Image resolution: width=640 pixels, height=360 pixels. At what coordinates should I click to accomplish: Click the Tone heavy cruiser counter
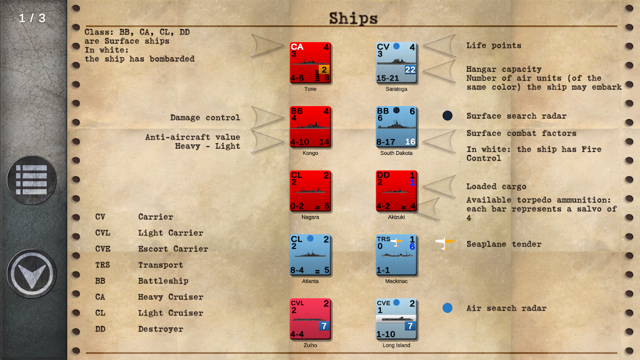tap(311, 63)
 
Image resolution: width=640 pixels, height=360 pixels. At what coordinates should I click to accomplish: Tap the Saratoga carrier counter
tap(397, 63)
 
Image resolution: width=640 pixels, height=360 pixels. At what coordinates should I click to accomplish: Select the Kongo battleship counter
tap(311, 127)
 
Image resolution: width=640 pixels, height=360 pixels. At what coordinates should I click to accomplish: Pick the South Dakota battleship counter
tap(397, 127)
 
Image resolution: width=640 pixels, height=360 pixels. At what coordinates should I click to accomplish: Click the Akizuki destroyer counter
tap(397, 191)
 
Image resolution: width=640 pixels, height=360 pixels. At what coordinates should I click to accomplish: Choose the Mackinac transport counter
tap(397, 255)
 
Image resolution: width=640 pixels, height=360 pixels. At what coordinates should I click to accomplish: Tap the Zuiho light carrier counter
tap(311, 319)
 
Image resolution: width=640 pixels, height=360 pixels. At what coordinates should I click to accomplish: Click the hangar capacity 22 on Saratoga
tap(410, 70)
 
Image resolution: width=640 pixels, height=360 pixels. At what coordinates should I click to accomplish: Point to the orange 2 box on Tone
tap(324, 69)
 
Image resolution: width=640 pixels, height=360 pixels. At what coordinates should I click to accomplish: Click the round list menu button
tap(32, 180)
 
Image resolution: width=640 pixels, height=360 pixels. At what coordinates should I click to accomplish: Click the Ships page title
tap(353, 18)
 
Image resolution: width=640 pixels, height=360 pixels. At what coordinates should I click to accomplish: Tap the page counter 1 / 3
tap(32, 18)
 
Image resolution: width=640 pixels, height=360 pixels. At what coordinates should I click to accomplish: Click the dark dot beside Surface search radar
tap(447, 116)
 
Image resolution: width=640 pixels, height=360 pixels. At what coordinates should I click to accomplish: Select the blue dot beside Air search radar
tap(447, 308)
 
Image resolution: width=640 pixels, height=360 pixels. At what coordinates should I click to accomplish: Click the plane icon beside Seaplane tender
tap(445, 243)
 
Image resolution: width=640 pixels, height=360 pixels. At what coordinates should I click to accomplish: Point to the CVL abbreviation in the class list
tap(103, 233)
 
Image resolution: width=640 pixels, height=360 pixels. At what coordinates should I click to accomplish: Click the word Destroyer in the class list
tap(161, 329)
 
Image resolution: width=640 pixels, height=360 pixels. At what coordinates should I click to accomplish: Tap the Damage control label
tap(205, 117)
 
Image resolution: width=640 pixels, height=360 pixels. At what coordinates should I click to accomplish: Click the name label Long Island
tap(396, 345)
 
